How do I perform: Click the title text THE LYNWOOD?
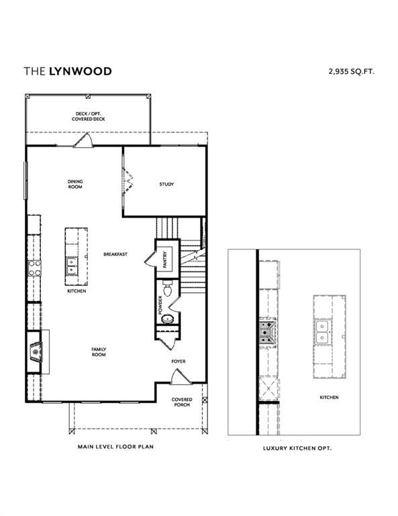68,71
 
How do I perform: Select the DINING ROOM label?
74,184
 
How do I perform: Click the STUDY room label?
166,184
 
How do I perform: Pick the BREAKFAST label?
115,254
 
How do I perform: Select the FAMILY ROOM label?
99,351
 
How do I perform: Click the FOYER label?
178,361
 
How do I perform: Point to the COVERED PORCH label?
181,402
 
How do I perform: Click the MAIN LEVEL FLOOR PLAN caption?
115,445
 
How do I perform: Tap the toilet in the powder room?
168,291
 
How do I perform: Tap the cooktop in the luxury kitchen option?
266,330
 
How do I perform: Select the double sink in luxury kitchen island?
324,331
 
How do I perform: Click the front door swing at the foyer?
179,378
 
